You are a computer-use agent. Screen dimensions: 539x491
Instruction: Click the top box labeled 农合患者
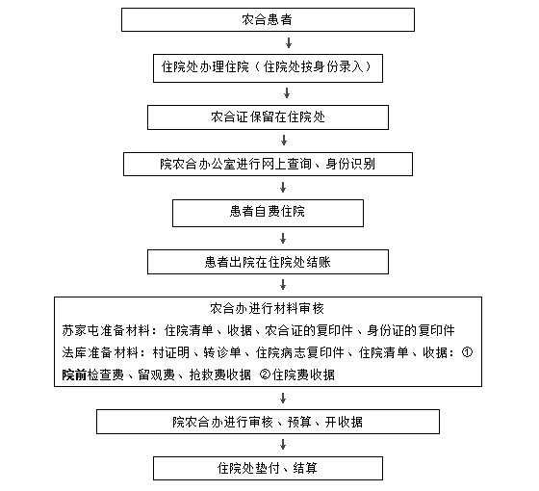click(268, 20)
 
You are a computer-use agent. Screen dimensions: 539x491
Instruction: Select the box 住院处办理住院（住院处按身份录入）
click(268, 68)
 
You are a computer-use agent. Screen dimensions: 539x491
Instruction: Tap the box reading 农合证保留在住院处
click(268, 117)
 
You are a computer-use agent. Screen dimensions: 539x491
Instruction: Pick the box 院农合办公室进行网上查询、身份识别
click(268, 164)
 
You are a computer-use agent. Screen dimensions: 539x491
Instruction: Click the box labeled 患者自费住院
click(268, 213)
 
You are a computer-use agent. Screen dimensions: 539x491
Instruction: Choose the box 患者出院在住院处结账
click(268, 262)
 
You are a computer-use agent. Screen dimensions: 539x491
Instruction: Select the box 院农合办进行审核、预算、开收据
click(268, 422)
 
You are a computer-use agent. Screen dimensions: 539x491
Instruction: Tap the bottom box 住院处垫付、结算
click(268, 468)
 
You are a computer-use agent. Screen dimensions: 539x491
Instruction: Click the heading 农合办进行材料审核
click(268, 308)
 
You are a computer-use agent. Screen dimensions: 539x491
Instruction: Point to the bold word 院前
click(74, 375)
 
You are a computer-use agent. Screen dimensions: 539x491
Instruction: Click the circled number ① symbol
click(467, 352)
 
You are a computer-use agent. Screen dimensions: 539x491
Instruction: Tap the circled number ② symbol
click(265, 374)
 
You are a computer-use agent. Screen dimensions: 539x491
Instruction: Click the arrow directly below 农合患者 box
click(289, 43)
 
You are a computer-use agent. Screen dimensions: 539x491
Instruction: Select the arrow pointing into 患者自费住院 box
click(283, 188)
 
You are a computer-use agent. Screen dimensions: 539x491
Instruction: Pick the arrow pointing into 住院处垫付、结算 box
click(283, 445)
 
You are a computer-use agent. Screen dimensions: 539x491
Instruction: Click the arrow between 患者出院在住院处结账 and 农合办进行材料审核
click(283, 285)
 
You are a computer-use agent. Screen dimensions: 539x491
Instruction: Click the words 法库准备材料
click(100, 352)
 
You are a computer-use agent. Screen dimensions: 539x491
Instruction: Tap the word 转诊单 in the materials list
click(222, 352)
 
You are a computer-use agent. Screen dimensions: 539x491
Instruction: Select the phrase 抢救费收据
click(220, 375)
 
